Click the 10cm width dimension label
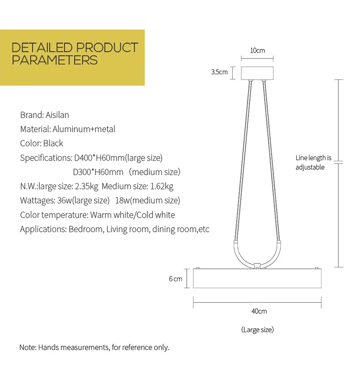coord(257,50)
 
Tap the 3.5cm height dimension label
coord(219,72)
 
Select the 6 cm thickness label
coord(176,279)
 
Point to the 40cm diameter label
coord(259,311)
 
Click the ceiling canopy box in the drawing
coord(257,73)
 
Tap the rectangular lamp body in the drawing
coord(257,278)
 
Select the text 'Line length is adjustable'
coord(313,162)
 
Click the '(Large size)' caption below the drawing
coord(257,330)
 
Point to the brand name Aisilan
coord(57,115)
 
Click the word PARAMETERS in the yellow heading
coord(55,60)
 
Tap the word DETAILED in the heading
coord(42,48)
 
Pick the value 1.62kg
coord(162,186)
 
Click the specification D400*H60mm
coord(98,158)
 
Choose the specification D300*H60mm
coord(98,172)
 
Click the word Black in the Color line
coord(53,144)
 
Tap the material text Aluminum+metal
coord(84,129)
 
